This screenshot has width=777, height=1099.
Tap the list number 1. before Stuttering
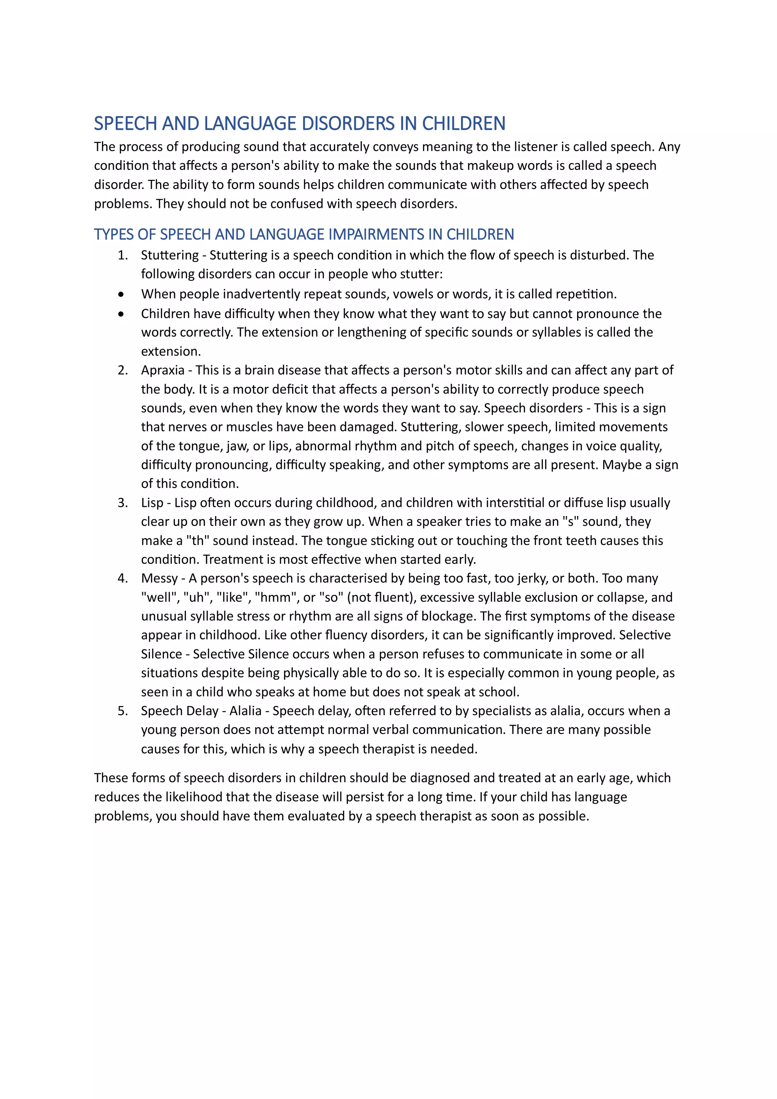click(x=123, y=255)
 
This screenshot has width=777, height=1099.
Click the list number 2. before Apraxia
click(x=123, y=370)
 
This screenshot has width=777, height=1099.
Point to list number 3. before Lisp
click(x=123, y=503)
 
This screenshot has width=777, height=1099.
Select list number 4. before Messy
click(x=123, y=578)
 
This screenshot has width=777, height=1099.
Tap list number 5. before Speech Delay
click(x=123, y=711)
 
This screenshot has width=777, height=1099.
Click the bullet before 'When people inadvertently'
click(x=121, y=294)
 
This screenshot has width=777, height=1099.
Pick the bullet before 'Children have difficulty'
click(x=121, y=314)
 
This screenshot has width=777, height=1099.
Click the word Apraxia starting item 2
click(x=163, y=370)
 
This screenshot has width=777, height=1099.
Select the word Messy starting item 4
click(x=159, y=578)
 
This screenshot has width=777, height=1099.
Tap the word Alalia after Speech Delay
click(x=245, y=711)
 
